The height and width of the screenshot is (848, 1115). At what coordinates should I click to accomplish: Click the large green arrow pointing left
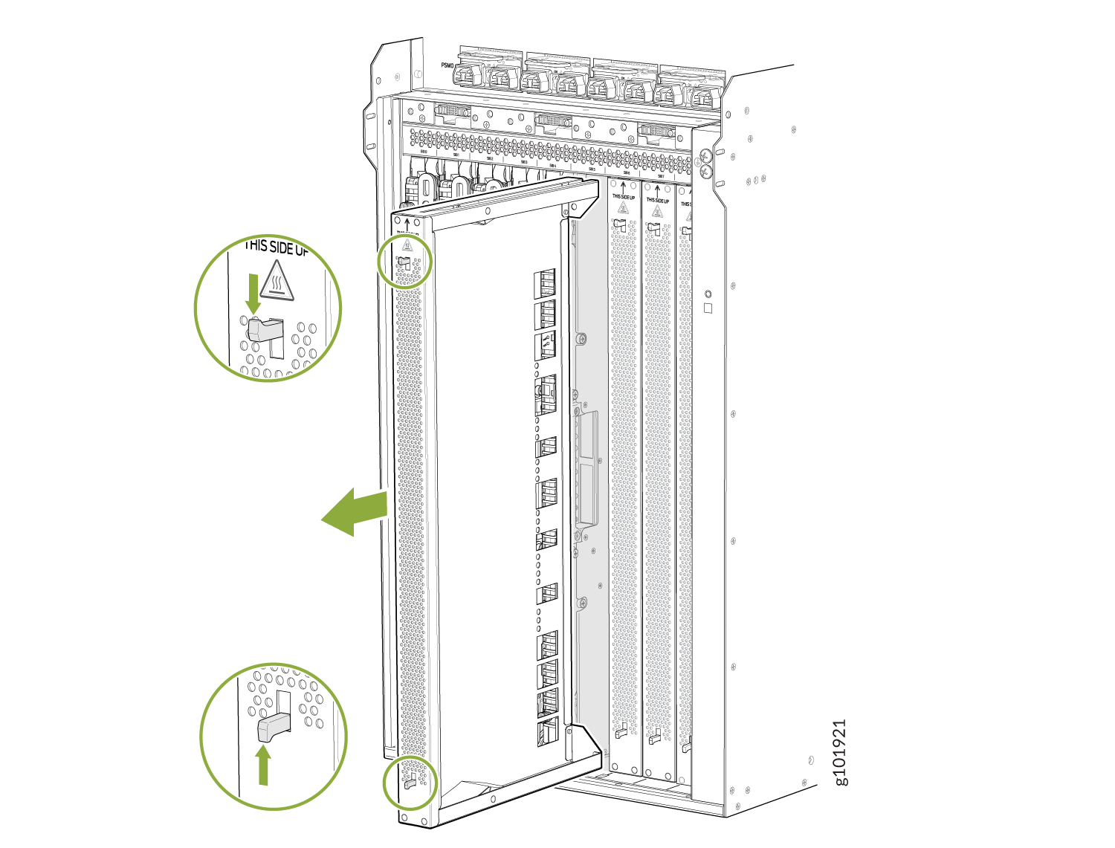[x=355, y=513]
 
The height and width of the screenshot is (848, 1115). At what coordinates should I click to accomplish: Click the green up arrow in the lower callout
[x=262, y=766]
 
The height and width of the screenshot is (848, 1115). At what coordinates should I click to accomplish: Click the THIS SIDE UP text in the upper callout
[x=277, y=247]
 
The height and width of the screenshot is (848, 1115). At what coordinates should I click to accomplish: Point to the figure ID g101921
[x=839, y=751]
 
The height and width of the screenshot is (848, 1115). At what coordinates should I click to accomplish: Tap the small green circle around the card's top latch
[x=405, y=260]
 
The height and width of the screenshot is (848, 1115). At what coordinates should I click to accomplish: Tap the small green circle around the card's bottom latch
[x=410, y=783]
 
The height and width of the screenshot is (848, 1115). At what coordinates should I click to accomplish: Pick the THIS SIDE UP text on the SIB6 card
[x=623, y=197]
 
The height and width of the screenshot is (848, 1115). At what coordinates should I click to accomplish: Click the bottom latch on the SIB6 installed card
[x=622, y=732]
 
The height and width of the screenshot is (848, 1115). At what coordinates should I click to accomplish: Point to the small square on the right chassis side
[x=708, y=308]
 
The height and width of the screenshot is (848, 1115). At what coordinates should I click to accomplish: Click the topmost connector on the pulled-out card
[x=546, y=282]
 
